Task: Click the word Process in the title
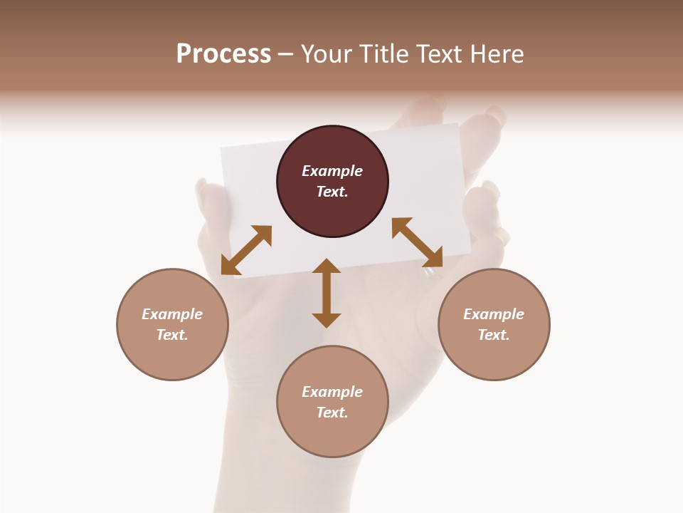(x=223, y=54)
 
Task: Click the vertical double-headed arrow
(x=327, y=293)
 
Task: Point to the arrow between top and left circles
(x=246, y=250)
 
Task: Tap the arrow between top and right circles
(x=417, y=242)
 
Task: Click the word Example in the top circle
(x=332, y=171)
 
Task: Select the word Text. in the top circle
(x=332, y=192)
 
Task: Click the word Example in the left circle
(x=172, y=314)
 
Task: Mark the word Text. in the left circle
(x=172, y=335)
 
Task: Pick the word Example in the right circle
(x=494, y=314)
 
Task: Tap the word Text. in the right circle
(x=494, y=335)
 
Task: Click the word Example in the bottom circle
(x=332, y=392)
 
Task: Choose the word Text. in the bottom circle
(x=332, y=413)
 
